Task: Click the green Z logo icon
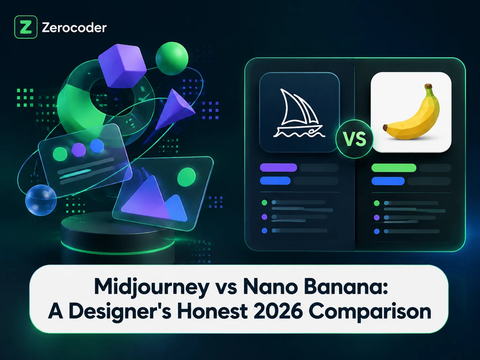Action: point(26,27)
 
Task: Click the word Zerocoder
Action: point(74,28)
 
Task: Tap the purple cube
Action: point(122,66)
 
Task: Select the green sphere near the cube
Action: point(172,58)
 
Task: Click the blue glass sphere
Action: point(41,200)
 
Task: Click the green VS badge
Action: point(354,139)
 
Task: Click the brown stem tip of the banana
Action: point(429,86)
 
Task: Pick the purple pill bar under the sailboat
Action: point(278,168)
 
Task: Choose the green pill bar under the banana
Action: point(394,168)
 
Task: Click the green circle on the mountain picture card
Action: point(186,177)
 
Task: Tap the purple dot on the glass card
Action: point(79,150)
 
